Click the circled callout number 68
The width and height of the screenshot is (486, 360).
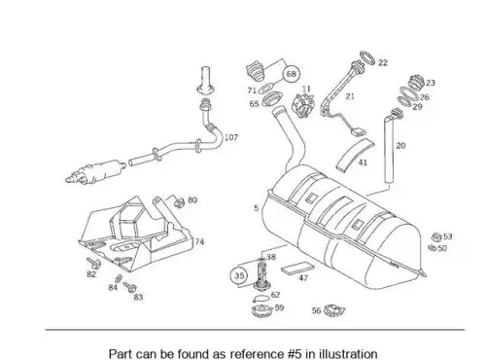(292, 74)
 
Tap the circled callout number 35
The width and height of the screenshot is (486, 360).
(239, 275)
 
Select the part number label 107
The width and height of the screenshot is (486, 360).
(231, 137)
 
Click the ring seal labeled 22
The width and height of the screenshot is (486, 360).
(367, 57)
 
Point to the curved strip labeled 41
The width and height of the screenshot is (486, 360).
(354, 155)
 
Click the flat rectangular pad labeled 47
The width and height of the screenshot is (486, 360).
(297, 268)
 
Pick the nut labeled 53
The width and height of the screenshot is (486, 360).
(436, 236)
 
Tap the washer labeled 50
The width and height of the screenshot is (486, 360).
(432, 248)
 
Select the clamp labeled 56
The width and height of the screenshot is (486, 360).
(334, 310)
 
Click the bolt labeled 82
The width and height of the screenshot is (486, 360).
(93, 263)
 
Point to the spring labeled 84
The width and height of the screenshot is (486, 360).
(119, 278)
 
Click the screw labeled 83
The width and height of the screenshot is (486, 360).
(130, 287)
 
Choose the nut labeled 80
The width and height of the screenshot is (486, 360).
(179, 202)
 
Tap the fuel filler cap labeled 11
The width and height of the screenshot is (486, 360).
(303, 104)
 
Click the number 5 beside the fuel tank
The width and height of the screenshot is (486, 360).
(256, 208)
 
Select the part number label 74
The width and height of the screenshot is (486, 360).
(199, 241)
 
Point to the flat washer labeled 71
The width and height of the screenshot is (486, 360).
(265, 89)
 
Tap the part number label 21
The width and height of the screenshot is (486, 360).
(350, 96)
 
